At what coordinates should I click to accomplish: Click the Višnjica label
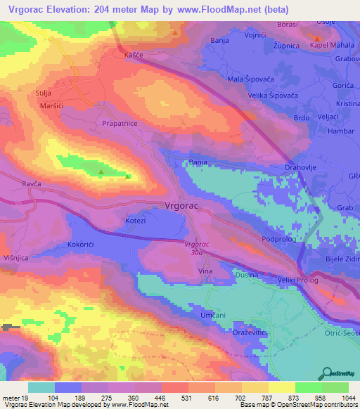coord(15,258)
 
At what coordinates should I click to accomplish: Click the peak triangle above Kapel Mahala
coord(318,38)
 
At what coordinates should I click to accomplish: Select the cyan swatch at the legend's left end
coord(41,387)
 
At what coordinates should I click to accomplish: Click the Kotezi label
coord(135,221)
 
